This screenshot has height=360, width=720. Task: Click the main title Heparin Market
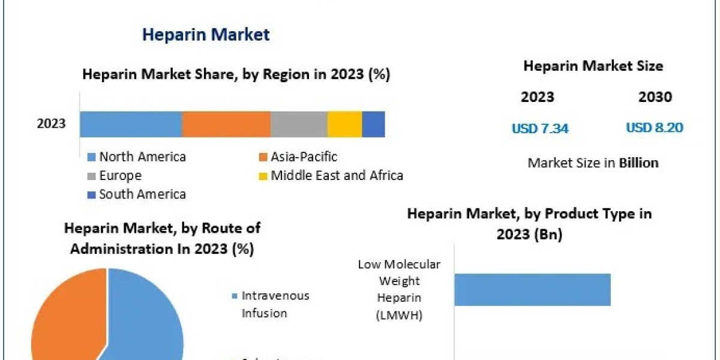click(x=206, y=35)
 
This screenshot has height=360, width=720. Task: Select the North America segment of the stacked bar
click(x=131, y=124)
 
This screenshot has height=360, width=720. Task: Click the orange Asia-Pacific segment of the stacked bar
click(x=226, y=124)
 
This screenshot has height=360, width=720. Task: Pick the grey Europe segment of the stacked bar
click(x=299, y=124)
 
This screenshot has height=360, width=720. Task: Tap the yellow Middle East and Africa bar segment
click(x=344, y=124)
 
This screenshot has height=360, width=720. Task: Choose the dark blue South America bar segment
click(x=373, y=124)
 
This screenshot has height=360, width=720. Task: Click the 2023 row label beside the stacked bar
click(x=52, y=125)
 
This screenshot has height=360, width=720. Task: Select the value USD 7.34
click(x=540, y=128)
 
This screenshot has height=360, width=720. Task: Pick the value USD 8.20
click(x=655, y=128)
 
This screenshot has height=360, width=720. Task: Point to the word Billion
click(x=638, y=163)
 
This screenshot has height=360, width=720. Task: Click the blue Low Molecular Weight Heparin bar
click(x=532, y=290)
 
